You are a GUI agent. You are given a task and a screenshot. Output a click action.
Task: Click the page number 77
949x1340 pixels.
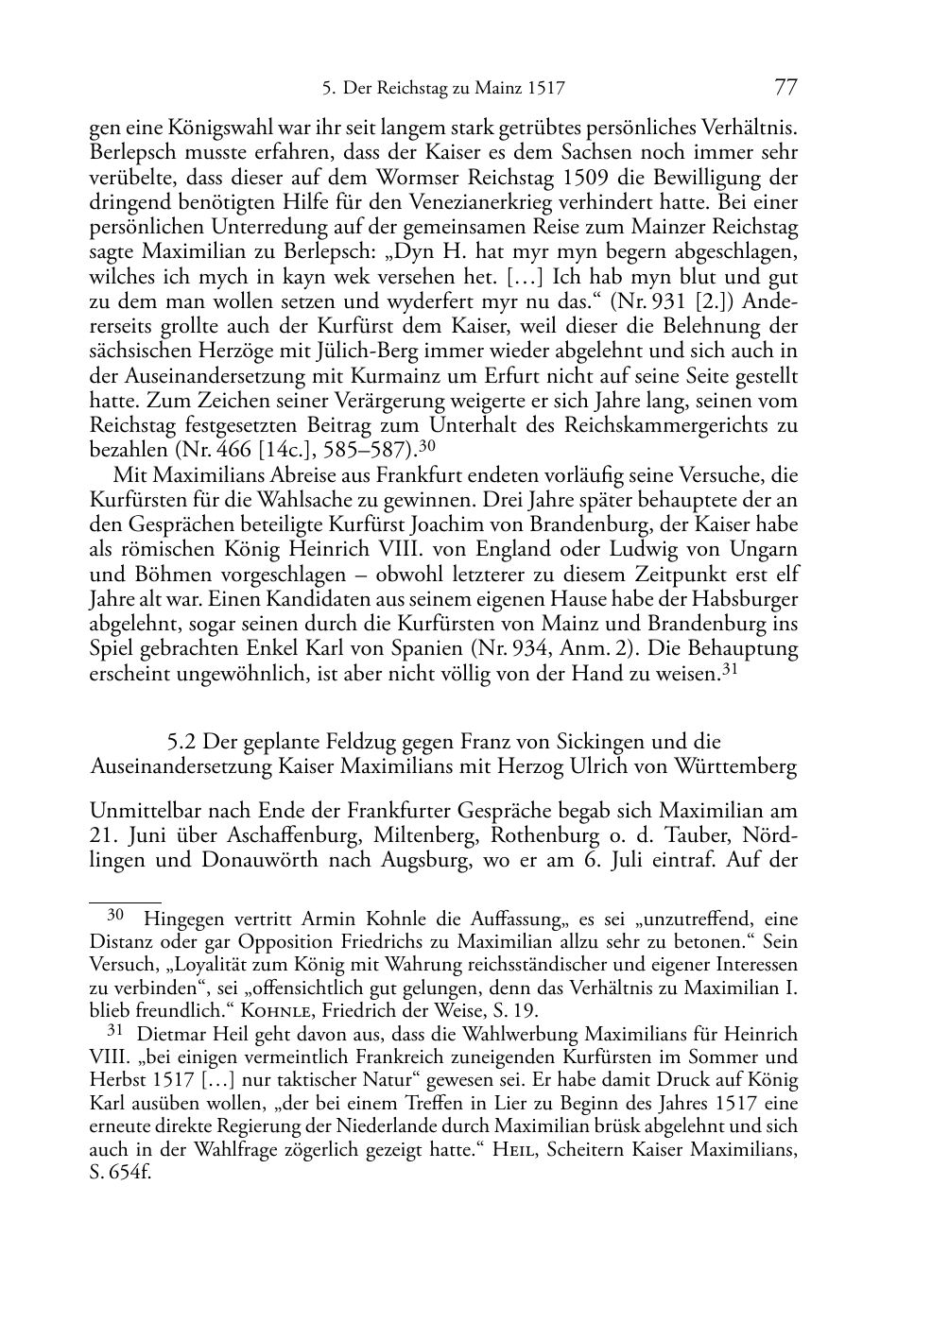[785, 88]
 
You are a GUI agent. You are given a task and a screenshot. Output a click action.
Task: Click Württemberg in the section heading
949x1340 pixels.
[735, 766]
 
